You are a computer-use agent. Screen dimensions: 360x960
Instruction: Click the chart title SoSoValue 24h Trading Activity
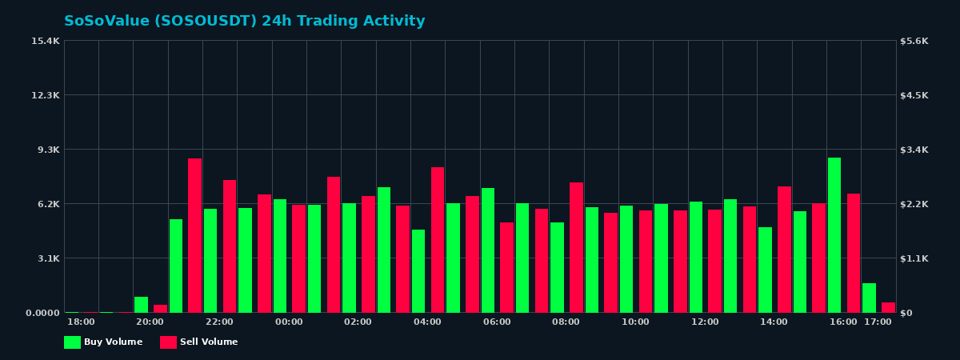[x=245, y=22]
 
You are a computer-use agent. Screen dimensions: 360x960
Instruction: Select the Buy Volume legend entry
[x=103, y=342]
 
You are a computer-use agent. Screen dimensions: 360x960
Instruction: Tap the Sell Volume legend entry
[x=199, y=342]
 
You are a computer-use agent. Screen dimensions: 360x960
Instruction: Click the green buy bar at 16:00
[x=834, y=235]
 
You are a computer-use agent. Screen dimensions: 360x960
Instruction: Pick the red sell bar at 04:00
[x=438, y=240]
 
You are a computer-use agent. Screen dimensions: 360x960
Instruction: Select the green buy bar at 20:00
[x=141, y=305]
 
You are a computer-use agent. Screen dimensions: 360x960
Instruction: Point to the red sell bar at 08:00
[x=576, y=247]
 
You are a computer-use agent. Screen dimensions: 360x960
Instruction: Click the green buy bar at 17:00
[x=869, y=298]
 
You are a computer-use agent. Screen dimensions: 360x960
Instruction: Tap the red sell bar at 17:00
[x=888, y=307]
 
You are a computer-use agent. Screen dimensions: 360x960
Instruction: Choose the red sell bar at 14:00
[x=784, y=250]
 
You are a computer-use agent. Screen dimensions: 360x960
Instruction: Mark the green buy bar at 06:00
[x=488, y=250]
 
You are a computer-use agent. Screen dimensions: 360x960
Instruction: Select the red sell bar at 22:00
[x=230, y=246]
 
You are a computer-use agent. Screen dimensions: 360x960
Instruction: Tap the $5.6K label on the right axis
[x=914, y=41]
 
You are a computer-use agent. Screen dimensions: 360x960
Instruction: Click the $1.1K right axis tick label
[x=914, y=258]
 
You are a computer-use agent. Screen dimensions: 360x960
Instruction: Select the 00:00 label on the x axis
[x=289, y=322]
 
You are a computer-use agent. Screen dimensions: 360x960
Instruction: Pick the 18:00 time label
[x=81, y=322]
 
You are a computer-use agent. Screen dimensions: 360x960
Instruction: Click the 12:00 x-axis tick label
[x=705, y=322]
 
